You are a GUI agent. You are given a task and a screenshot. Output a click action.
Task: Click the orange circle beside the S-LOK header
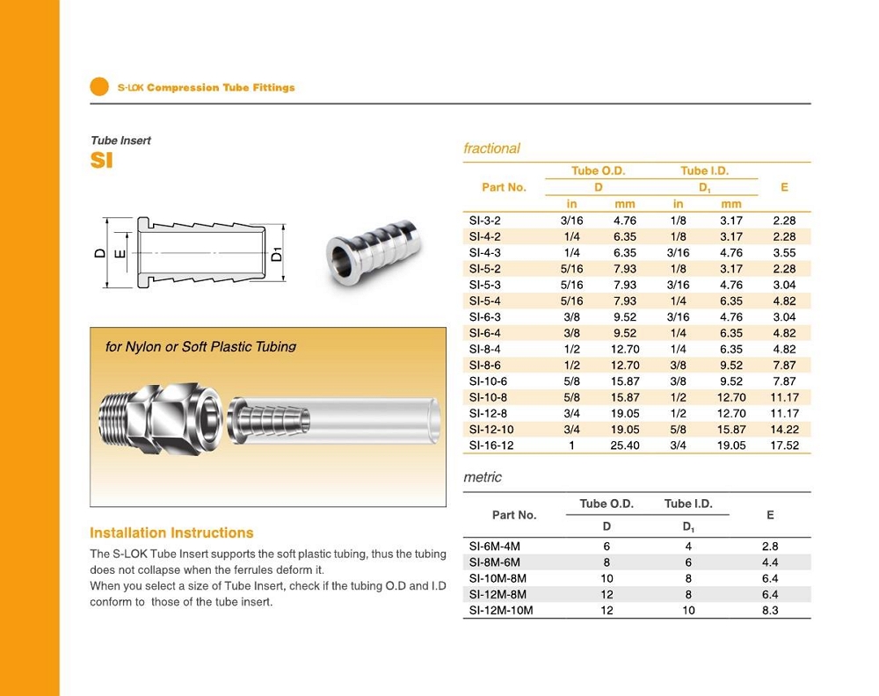point(99,86)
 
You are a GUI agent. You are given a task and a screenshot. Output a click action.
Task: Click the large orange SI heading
point(101,160)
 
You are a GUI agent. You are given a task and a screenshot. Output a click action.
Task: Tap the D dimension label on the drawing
point(100,253)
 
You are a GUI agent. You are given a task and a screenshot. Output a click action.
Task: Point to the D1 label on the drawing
point(277,254)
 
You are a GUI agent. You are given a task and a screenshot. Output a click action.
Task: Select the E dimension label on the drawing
point(120,254)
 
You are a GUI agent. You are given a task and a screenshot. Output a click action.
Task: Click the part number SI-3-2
point(485,221)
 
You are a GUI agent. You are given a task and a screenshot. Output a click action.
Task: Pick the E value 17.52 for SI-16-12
point(784,446)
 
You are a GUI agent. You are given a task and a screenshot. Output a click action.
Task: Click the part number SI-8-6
point(485,366)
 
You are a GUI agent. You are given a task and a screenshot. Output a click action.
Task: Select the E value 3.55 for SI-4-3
point(784,253)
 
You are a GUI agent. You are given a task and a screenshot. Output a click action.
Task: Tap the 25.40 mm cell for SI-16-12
point(625,446)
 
